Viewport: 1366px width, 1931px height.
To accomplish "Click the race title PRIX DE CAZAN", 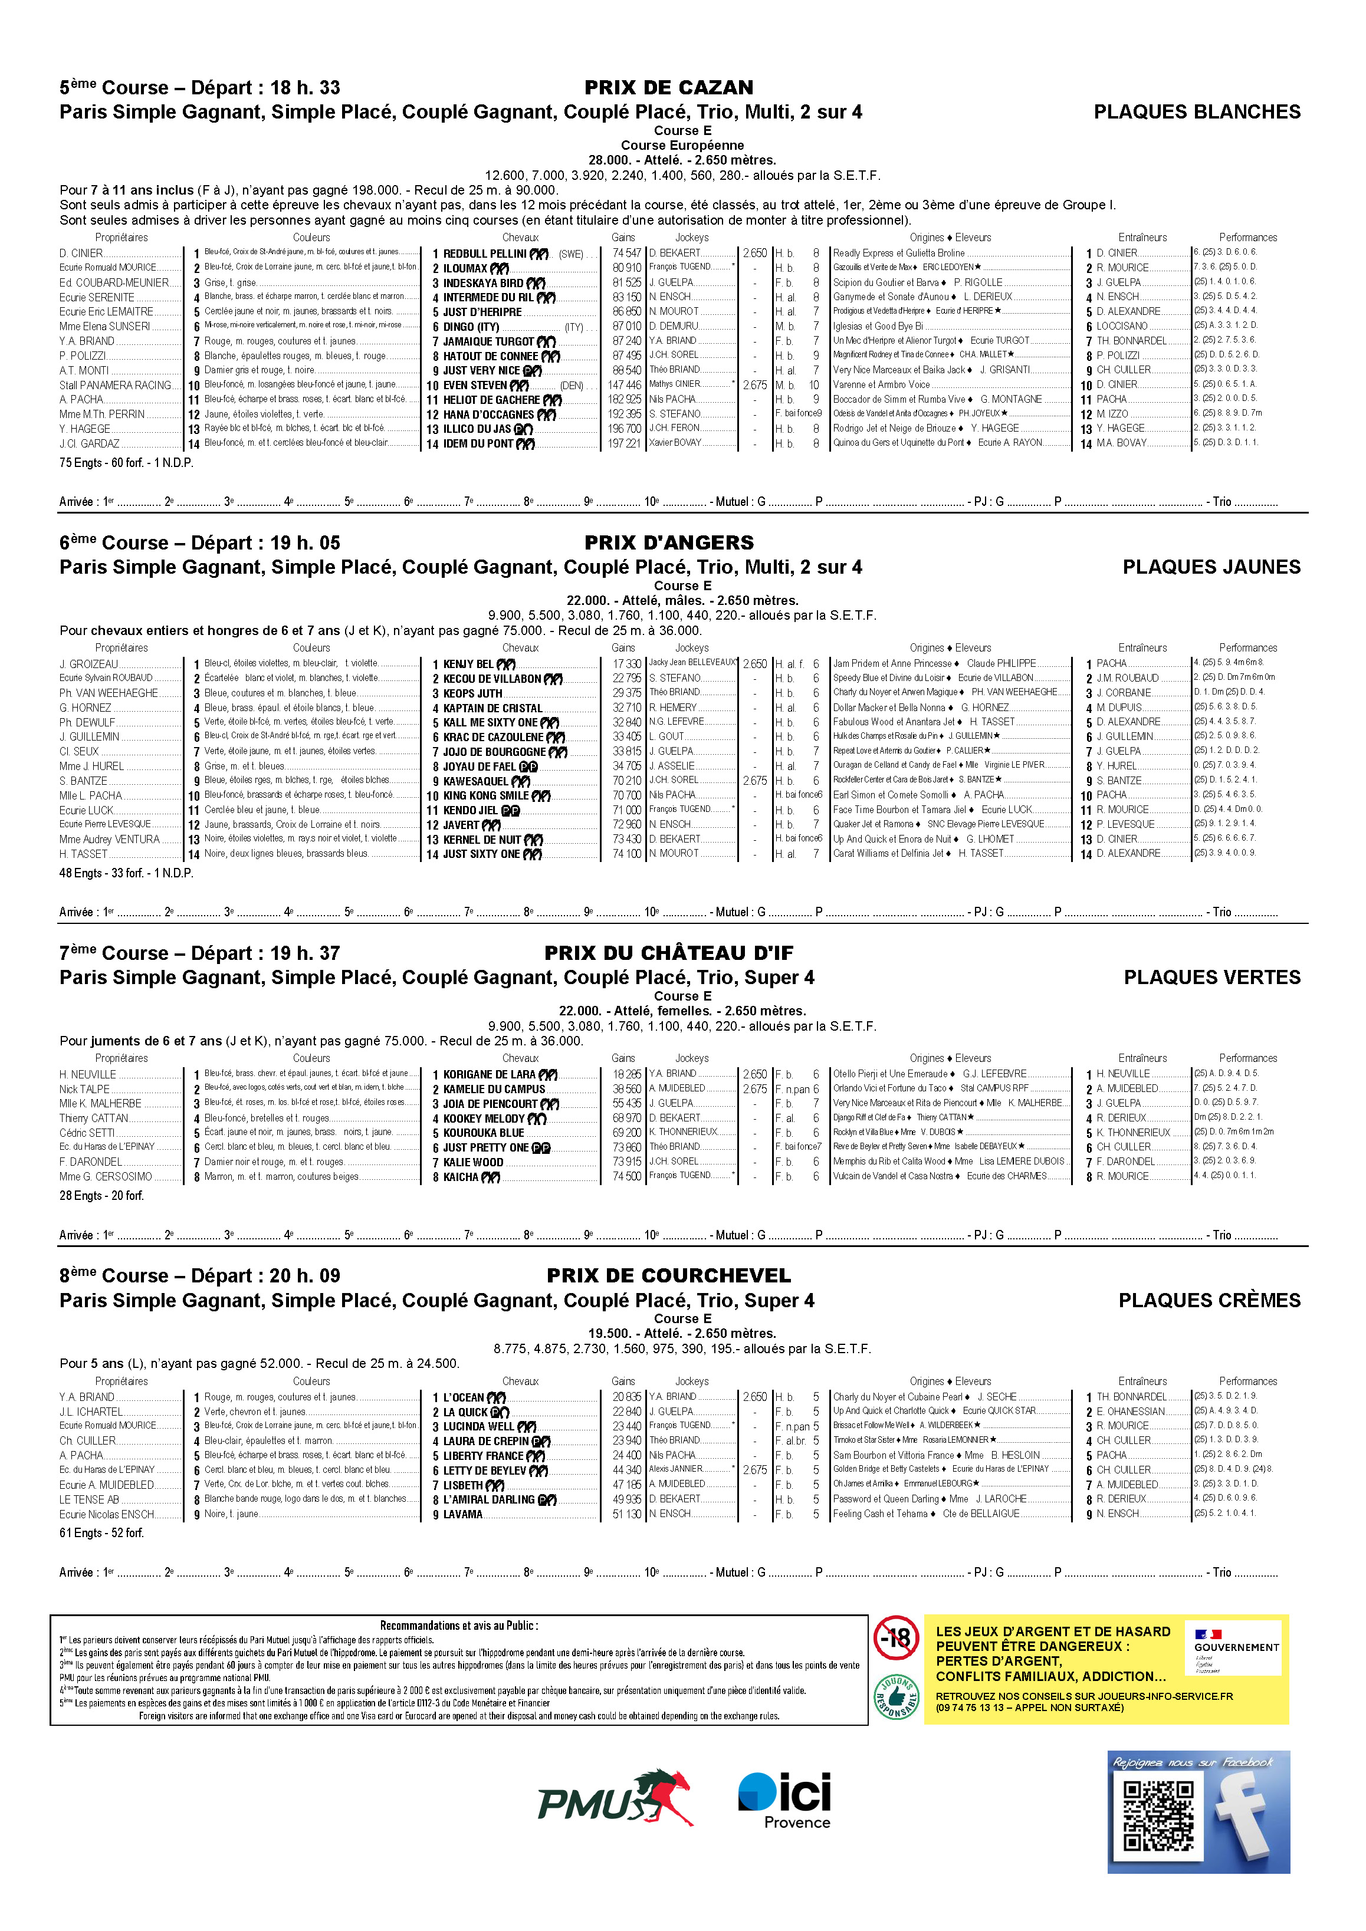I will (x=669, y=87).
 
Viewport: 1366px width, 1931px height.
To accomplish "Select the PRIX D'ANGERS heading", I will (x=669, y=542).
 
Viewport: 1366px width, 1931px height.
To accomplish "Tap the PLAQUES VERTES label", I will (x=1211, y=977).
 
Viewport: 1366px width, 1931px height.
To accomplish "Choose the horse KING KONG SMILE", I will (x=486, y=795).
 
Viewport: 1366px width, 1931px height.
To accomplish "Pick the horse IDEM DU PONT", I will (x=478, y=444).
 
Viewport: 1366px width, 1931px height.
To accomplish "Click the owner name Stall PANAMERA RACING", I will (x=115, y=385).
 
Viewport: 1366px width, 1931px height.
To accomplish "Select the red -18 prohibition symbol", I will (x=896, y=1637).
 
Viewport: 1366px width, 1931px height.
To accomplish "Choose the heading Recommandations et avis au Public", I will (x=458, y=1626).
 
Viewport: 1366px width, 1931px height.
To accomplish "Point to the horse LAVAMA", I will (x=462, y=1515).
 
